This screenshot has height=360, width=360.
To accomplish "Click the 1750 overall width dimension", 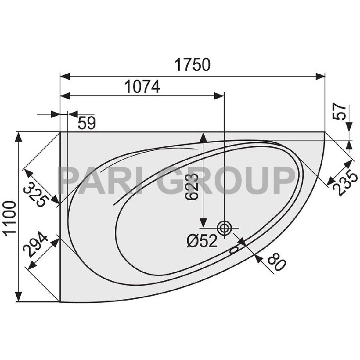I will pyautogui.click(x=192, y=65).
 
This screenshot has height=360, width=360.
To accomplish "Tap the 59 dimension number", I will pyautogui.click(x=86, y=123).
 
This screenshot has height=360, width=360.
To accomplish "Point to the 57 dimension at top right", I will pyautogui.click(x=340, y=112).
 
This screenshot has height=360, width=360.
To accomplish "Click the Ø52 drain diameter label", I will pyautogui.click(x=202, y=242).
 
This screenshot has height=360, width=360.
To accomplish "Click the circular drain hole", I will pyautogui.click(x=224, y=228).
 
